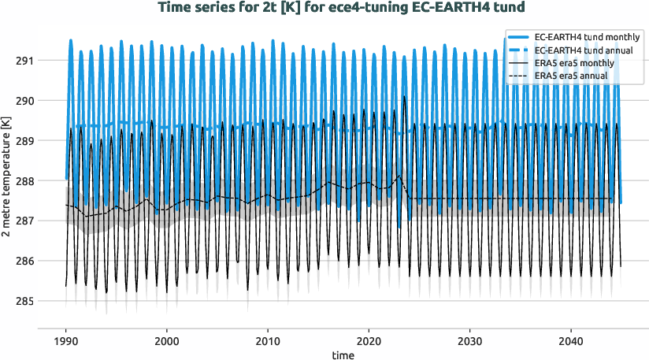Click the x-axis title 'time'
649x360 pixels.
[343, 354]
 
